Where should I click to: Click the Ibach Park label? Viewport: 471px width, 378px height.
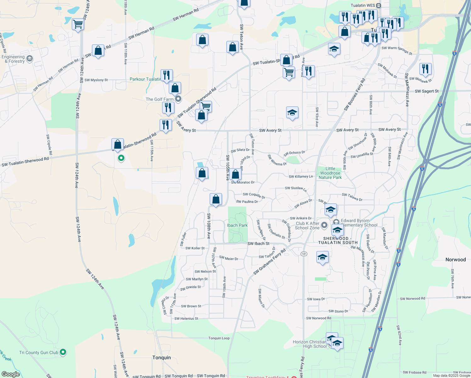click(237, 225)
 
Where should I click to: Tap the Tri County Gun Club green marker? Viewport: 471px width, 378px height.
click(63, 352)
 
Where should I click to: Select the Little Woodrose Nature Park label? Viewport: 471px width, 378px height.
click(330, 173)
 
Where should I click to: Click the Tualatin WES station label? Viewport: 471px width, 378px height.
click(363, 5)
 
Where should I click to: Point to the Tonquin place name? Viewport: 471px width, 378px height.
click(162, 358)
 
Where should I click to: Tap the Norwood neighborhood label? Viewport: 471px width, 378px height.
click(456, 260)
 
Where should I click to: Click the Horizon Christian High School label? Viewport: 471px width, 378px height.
click(310, 344)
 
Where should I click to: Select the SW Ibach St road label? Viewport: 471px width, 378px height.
click(258, 243)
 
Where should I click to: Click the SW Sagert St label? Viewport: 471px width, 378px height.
click(427, 91)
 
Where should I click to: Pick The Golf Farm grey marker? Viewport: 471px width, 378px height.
click(178, 99)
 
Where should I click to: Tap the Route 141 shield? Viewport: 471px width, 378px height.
click(304, 254)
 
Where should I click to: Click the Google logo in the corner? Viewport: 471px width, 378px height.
click(11, 374)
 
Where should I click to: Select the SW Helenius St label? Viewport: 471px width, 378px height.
click(186, 318)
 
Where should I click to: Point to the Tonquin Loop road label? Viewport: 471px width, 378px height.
click(219, 338)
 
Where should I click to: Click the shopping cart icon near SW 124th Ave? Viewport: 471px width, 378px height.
click(78, 24)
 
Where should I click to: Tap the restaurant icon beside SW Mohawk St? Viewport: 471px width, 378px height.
click(425, 69)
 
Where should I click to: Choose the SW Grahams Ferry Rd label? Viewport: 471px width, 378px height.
click(270, 261)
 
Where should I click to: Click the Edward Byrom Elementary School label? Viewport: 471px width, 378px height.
click(359, 223)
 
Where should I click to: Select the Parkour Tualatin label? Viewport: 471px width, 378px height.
click(145, 79)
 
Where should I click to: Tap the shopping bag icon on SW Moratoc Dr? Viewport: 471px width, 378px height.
click(235, 174)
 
